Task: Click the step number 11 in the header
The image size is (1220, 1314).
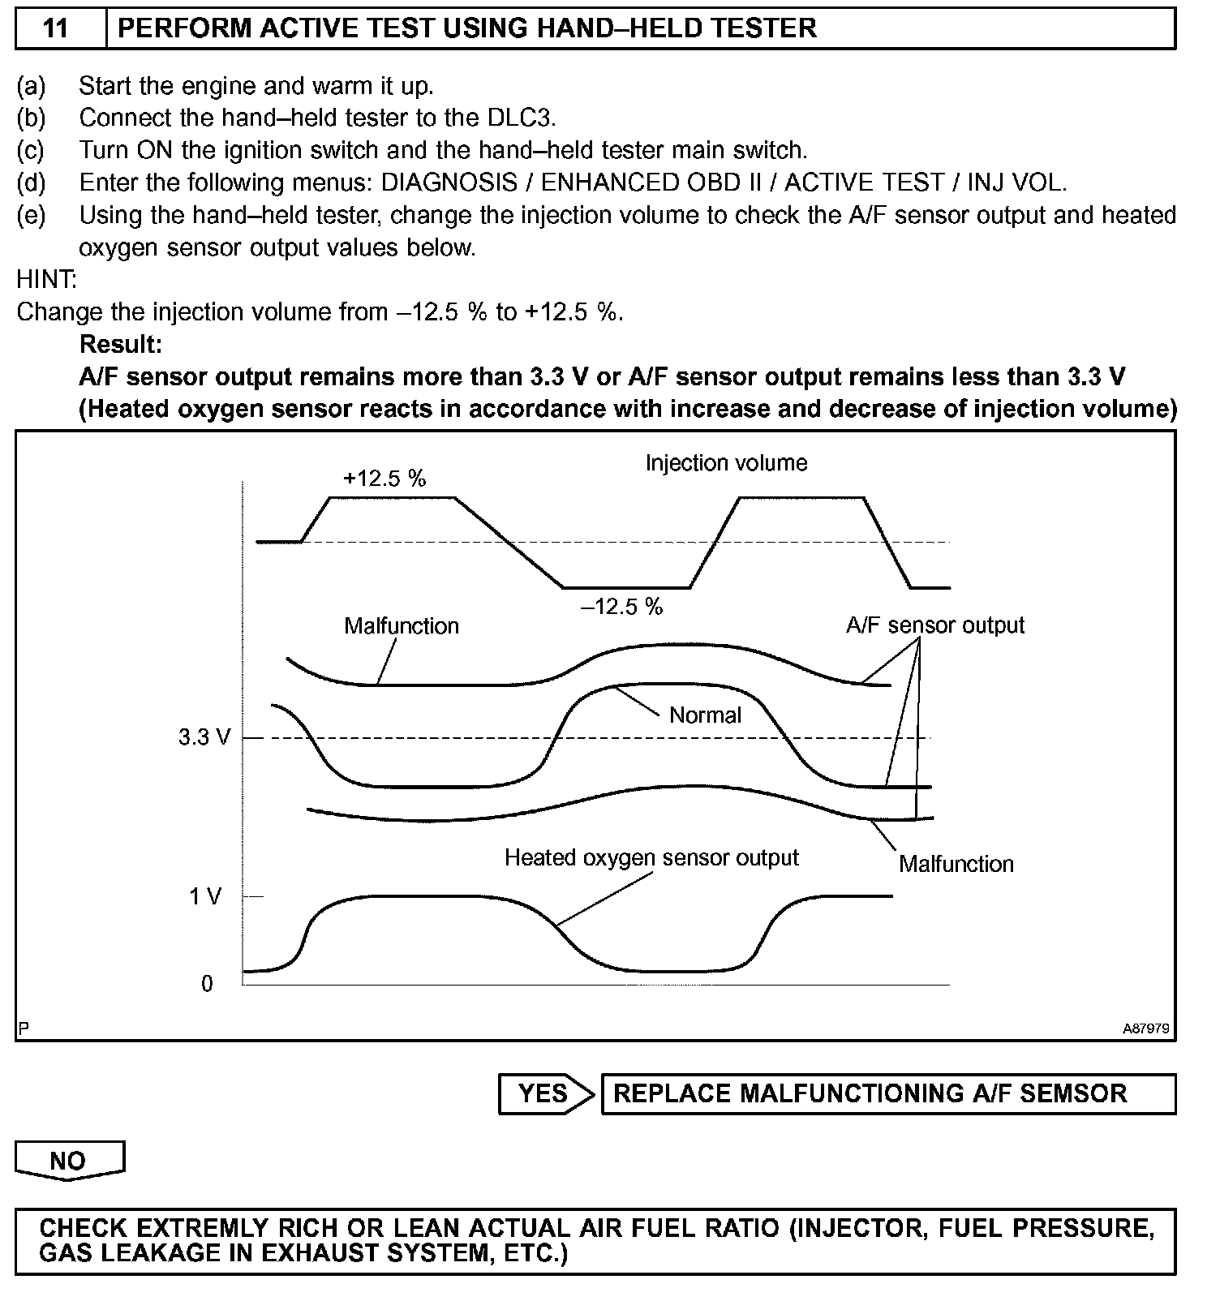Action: (x=55, y=28)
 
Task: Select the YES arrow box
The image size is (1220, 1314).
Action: (x=545, y=1093)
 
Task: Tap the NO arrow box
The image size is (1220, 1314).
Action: (x=68, y=1160)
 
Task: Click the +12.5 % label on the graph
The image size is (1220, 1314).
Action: (x=384, y=479)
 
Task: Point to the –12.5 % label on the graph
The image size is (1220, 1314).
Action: (x=622, y=607)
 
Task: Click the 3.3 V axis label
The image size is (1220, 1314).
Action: (x=204, y=738)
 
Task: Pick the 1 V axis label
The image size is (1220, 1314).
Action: (x=205, y=897)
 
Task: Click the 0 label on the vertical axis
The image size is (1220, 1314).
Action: (x=207, y=984)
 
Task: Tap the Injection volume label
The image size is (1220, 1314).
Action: (x=726, y=463)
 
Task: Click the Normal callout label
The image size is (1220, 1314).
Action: (x=705, y=715)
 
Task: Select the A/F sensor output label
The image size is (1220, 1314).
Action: (x=934, y=625)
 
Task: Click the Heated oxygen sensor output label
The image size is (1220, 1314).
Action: (x=651, y=858)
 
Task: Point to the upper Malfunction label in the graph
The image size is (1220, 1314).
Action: (x=402, y=626)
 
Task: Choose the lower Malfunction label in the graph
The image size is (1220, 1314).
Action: (x=956, y=864)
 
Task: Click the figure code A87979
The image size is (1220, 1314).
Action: (x=1145, y=1028)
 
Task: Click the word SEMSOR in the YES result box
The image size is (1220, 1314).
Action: (x=1073, y=1093)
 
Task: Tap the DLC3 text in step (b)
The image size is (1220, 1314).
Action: (x=521, y=118)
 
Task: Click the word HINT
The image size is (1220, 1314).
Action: (x=46, y=280)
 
